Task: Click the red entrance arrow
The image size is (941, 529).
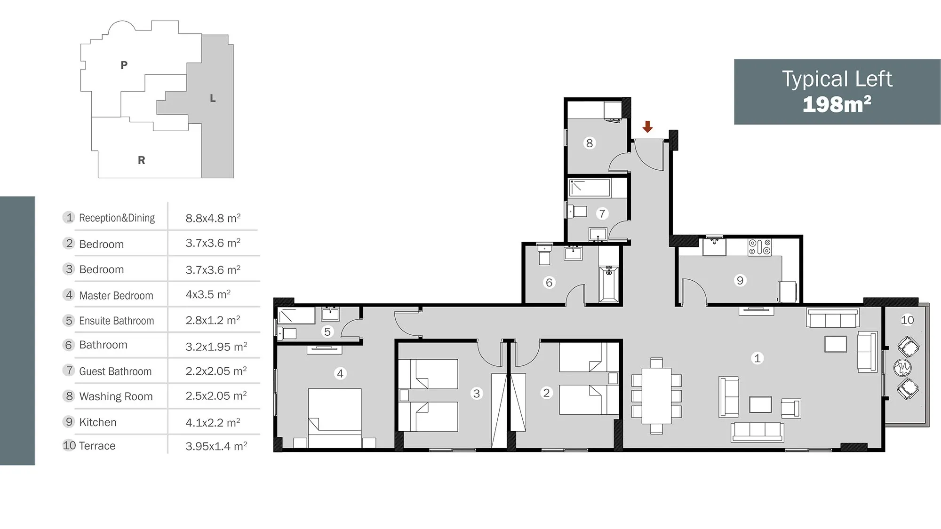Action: (x=648, y=126)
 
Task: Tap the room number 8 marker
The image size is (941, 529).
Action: (x=589, y=143)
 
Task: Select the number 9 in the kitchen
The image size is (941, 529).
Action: (x=740, y=281)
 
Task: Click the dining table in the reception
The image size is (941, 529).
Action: (x=656, y=395)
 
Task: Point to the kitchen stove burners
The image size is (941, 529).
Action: (x=760, y=247)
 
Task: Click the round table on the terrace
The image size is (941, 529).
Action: (x=902, y=368)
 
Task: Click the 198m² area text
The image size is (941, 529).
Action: (x=837, y=104)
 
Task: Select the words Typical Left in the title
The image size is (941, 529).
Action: (x=837, y=79)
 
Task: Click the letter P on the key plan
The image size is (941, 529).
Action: (x=124, y=65)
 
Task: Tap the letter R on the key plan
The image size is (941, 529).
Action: (x=142, y=160)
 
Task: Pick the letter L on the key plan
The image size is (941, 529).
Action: (x=213, y=98)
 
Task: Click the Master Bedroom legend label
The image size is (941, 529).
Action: (x=116, y=295)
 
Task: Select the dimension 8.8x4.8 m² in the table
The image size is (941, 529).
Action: (x=213, y=218)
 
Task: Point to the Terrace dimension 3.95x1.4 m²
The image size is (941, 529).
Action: (x=216, y=446)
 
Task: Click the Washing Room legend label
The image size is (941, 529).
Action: (x=116, y=396)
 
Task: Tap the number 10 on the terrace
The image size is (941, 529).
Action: (x=907, y=320)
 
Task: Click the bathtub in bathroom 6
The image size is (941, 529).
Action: (x=609, y=284)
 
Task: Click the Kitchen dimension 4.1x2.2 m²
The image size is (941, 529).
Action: (x=213, y=422)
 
